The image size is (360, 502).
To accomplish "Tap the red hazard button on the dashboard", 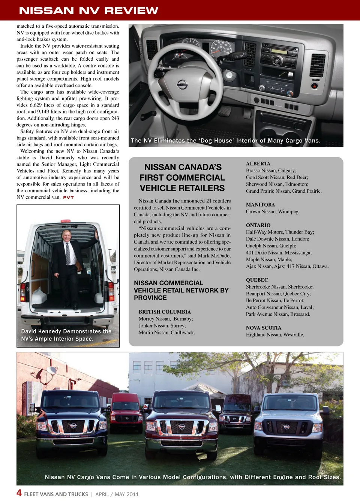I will click(315, 86).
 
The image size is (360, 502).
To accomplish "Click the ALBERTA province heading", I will click(258, 164).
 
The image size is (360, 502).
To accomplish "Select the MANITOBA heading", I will click(260, 205).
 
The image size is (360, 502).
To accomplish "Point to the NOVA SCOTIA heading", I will click(263, 328).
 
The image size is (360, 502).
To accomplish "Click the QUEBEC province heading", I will click(257, 280).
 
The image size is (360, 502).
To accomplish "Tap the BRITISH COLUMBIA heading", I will click(165, 312).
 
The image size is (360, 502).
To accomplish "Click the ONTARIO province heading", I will click(258, 225).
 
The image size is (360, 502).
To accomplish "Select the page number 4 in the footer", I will click(19, 493).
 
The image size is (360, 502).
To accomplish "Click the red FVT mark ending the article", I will click(68, 198).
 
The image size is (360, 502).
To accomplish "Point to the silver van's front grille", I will click(286, 427).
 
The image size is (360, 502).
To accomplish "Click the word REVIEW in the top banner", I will click(131, 10).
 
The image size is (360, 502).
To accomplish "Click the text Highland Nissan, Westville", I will click(275, 335).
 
